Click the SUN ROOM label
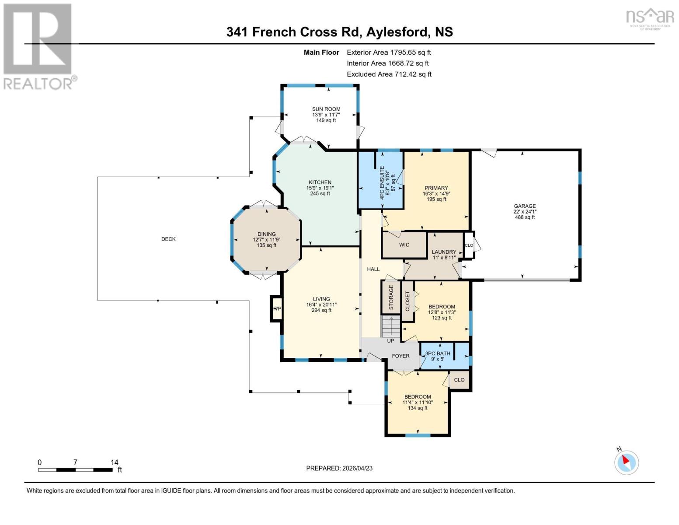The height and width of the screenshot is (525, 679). coord(326,109)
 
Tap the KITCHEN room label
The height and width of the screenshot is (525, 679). coord(320,182)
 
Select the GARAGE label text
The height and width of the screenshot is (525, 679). coord(525,206)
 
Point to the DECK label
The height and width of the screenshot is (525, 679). coord(168,239)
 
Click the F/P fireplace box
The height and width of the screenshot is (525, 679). coord(276,308)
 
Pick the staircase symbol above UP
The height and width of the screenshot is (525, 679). coord(390,326)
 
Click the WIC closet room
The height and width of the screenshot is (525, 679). coord(404,245)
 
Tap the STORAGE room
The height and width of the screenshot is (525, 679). coord(391,297)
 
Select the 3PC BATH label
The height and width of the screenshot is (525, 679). coord(438,353)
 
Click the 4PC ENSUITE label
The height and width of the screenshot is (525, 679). coord(382,183)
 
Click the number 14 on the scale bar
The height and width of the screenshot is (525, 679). coord(115,462)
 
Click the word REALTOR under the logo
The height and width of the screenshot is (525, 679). coord(38,84)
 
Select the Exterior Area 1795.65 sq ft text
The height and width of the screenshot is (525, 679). coord(389,52)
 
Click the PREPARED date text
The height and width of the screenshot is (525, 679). coord(339,469)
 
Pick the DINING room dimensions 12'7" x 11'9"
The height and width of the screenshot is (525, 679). coord(267,240)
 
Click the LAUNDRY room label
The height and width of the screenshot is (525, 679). coord(444,252)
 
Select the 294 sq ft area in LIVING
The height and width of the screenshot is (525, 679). coord(321,310)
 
